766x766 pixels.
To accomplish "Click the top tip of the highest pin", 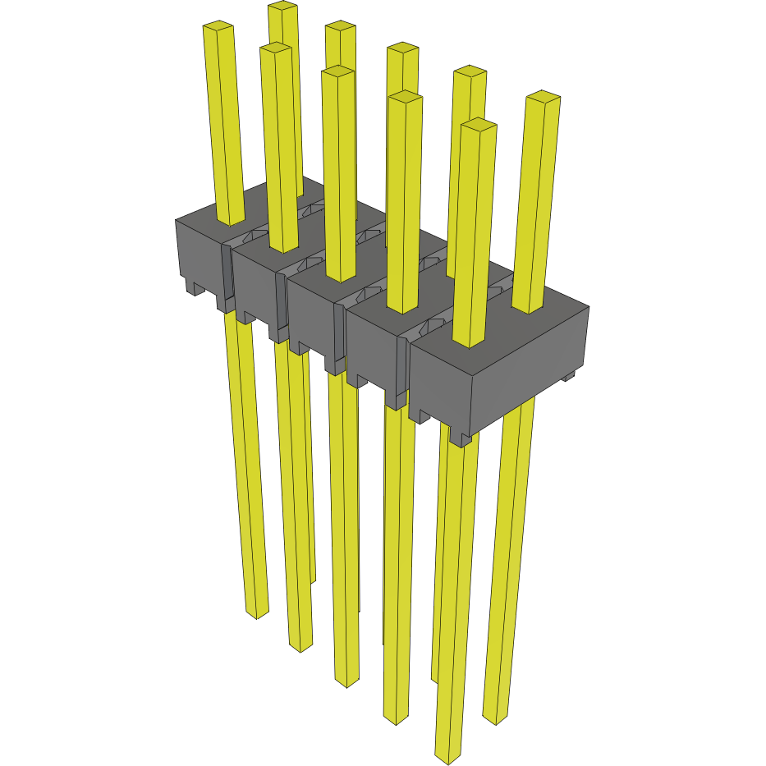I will pos(282,7).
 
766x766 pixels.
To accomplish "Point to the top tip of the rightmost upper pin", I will pos(543,97).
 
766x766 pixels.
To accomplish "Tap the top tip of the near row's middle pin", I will pos(338,72).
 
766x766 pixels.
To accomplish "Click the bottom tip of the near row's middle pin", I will pos(347,681).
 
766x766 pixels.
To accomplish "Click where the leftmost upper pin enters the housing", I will pos(231,219).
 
